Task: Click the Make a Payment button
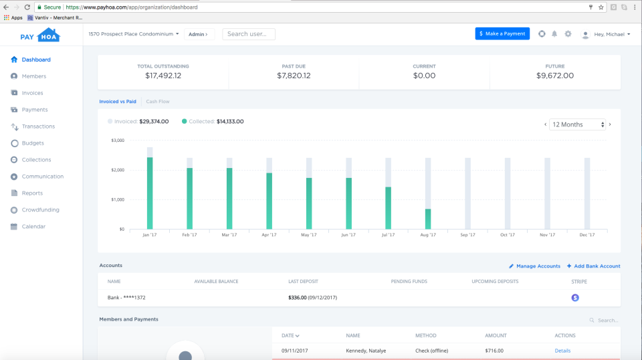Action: coord(502,33)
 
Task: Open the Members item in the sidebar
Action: coord(33,76)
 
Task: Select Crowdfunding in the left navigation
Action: coord(40,210)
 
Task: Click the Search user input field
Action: coord(249,34)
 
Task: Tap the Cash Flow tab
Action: coord(158,102)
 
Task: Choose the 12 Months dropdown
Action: coord(577,124)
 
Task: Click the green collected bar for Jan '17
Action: coord(150,194)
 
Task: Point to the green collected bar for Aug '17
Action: coord(428,219)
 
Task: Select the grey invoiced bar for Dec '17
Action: coord(587,194)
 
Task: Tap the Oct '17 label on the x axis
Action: coord(508,235)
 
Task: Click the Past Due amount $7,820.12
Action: coord(294,76)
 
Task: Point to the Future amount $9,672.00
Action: coord(555,76)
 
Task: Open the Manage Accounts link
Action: coord(534,266)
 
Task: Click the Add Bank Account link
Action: coord(593,266)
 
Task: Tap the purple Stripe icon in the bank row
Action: coord(575,298)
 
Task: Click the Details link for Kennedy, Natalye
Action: coord(562,351)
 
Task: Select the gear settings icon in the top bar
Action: coord(568,34)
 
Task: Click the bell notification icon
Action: coord(554,34)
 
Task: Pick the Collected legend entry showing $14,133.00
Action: coord(212,122)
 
